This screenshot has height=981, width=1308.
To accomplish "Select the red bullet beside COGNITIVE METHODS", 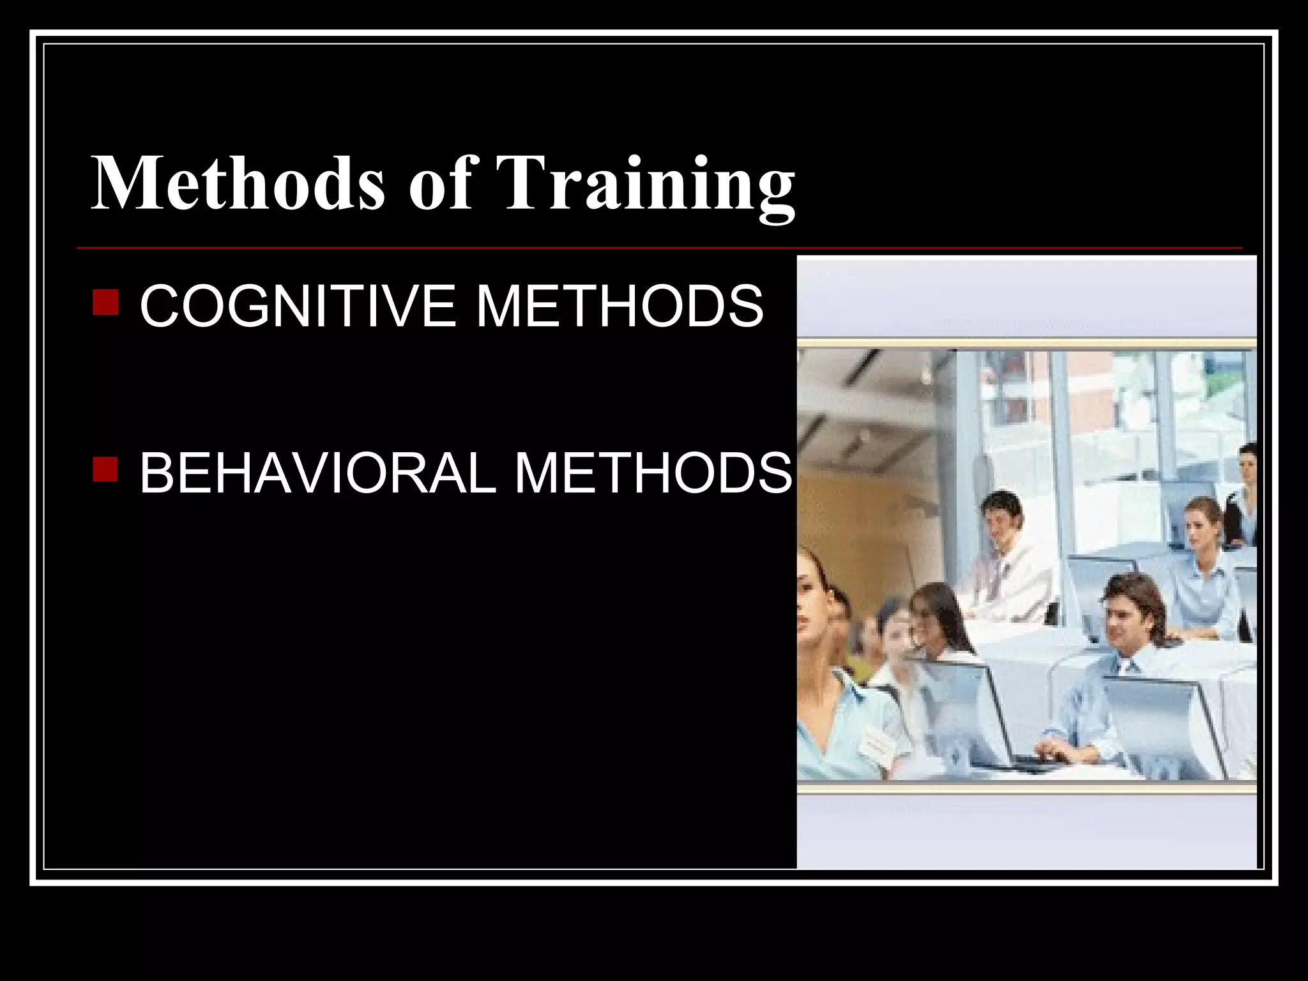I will click(x=105, y=303).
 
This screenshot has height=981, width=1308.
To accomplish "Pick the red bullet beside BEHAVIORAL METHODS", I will click(x=105, y=469).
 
